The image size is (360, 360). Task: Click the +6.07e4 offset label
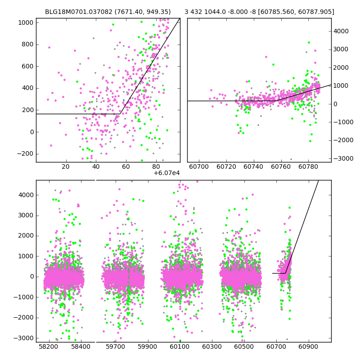tap(166, 173)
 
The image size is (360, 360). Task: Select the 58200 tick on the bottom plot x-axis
tap(48, 347)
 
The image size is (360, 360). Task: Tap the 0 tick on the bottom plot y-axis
tap(31, 277)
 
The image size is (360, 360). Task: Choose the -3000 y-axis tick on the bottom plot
tap(24, 338)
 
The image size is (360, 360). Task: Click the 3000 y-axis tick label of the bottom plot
tap(26, 216)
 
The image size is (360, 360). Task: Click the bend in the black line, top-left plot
tap(120, 114)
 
